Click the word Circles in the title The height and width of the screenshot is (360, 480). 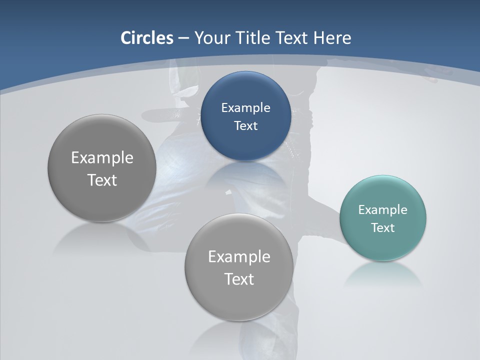146,38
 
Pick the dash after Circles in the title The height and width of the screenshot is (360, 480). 183,38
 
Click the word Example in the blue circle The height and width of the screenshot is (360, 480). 245,107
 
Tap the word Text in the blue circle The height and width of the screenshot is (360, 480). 245,125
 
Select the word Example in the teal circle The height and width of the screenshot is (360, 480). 382,209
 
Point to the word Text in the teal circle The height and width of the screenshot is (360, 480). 382,227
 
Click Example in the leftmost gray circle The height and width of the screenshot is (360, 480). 102,157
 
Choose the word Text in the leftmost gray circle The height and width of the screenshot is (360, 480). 102,180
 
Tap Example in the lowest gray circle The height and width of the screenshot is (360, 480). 239,256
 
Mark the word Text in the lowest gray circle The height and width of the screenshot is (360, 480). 239,279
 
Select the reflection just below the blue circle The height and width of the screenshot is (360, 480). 245,172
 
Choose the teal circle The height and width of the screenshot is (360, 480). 382,245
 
